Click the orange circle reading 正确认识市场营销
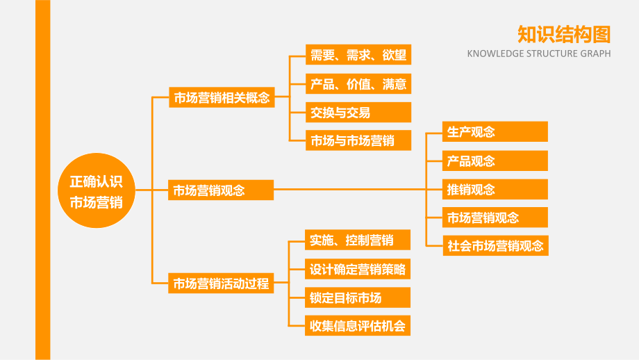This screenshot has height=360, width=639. tap(96, 190)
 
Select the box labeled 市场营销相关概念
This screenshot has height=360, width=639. tap(222, 97)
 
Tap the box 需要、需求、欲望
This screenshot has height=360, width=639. tap(358, 55)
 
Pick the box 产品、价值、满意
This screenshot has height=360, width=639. tap(358, 83)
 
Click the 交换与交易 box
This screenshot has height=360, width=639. tap(358, 112)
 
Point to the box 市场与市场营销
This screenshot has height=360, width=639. tap(358, 140)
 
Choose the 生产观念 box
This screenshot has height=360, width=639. tap(495, 131)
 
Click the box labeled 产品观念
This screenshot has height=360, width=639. tap(495, 161)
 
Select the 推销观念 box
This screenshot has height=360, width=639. tap(495, 189)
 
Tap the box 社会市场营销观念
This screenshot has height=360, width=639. tap(495, 245)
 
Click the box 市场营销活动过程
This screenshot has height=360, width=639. tap(221, 283)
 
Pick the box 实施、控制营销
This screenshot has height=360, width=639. tap(358, 240)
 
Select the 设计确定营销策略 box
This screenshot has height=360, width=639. tap(358, 269)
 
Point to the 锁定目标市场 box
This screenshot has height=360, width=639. tap(358, 297)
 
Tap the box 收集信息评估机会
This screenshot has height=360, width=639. tap(358, 325)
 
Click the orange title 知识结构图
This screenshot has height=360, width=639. tap(564, 34)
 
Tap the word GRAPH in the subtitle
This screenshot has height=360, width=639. tap(595, 54)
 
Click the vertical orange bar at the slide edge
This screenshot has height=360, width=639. tap(43, 180)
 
